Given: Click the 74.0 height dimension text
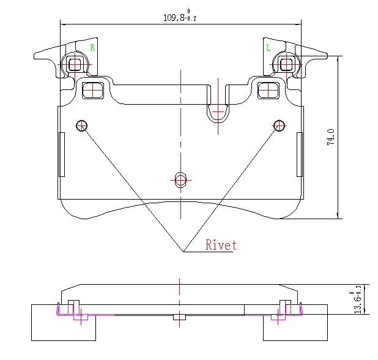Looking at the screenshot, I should [331, 137].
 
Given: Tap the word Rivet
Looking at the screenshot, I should [221, 246].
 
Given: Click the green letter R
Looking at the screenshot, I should [92, 47].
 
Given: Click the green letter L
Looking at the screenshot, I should [268, 47].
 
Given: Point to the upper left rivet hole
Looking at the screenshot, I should [81, 126].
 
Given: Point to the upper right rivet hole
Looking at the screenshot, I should [280, 126].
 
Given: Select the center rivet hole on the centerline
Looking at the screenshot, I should [180, 179].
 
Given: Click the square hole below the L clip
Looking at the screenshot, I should [268, 90].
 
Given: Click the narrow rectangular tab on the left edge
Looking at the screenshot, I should [61, 154].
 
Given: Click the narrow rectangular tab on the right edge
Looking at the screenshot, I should [300, 154].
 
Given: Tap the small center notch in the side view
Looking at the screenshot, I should [179, 317].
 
